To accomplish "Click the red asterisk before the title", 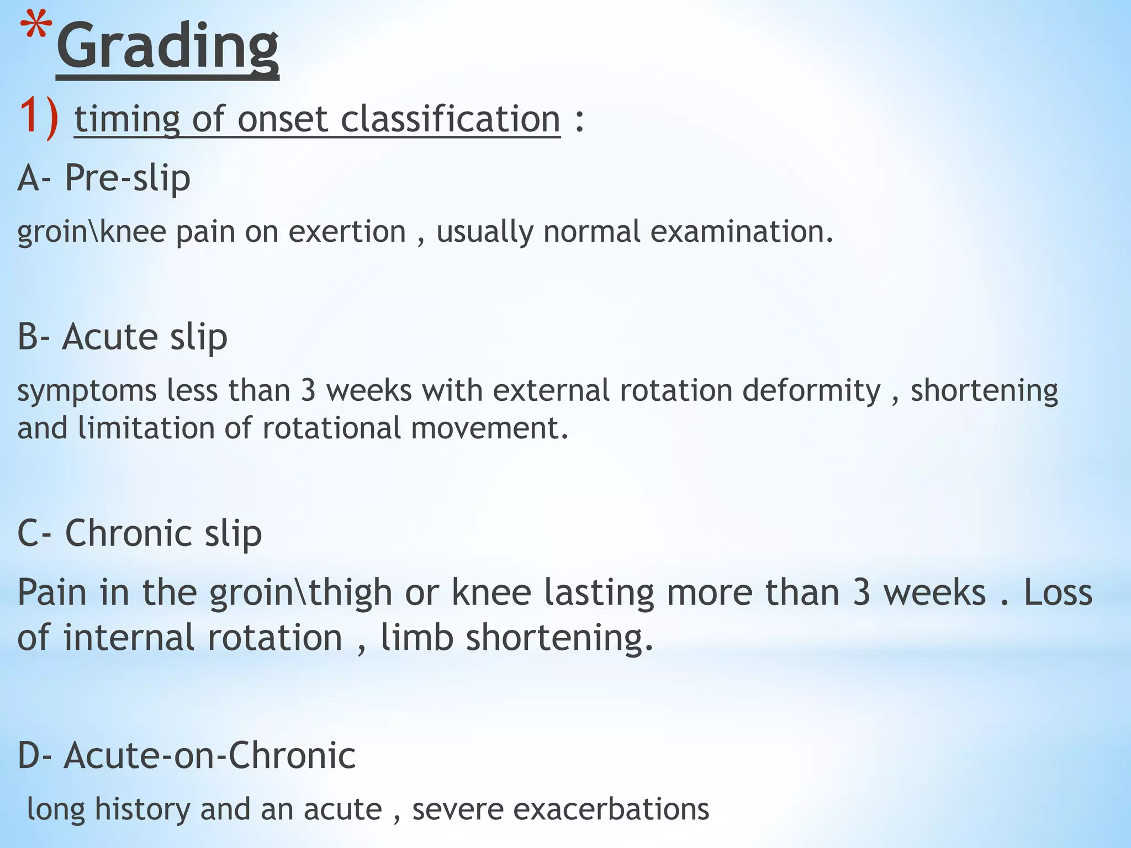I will coord(36,30).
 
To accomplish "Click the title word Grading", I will coord(168,47).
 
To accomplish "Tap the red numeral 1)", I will coord(39,118).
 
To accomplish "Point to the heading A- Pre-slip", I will coord(104,178).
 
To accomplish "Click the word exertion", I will coord(347,231).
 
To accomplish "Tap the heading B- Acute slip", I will coord(122,337).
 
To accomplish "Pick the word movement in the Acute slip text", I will coord(489,428).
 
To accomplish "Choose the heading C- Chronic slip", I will coord(139,533).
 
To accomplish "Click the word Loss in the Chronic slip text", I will coord(1058,592).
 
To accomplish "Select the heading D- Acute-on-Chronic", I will coord(187,755).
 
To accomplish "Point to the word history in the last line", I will coord(142,809).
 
